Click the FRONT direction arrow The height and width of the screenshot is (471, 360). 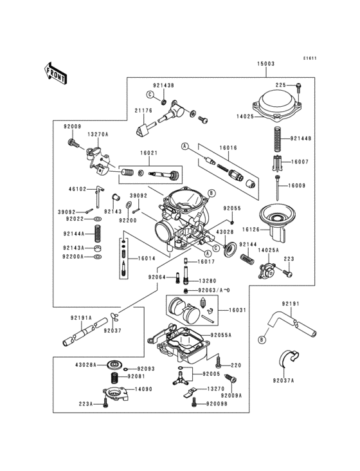(57, 73)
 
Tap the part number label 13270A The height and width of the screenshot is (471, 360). (98, 134)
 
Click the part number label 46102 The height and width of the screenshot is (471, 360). (77, 190)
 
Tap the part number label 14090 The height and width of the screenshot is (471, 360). (143, 389)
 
